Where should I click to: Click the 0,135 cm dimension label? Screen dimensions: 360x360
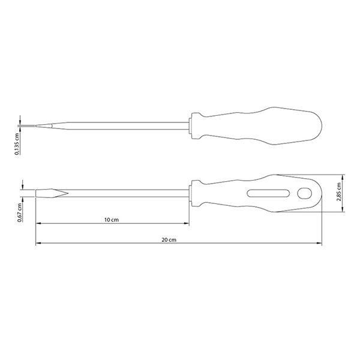(17, 144)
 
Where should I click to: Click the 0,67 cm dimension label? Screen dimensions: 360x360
(20, 212)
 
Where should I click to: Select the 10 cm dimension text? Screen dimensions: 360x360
(112, 220)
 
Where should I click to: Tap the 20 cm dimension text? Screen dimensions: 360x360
(169, 239)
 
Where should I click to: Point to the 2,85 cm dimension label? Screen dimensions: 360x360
(338, 192)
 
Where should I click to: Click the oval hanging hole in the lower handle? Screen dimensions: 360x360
(304, 193)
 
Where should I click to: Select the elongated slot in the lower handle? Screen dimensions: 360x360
(268, 193)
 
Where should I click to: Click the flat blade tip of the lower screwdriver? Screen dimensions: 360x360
(36, 193)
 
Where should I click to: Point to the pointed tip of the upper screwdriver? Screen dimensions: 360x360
(36, 125)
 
